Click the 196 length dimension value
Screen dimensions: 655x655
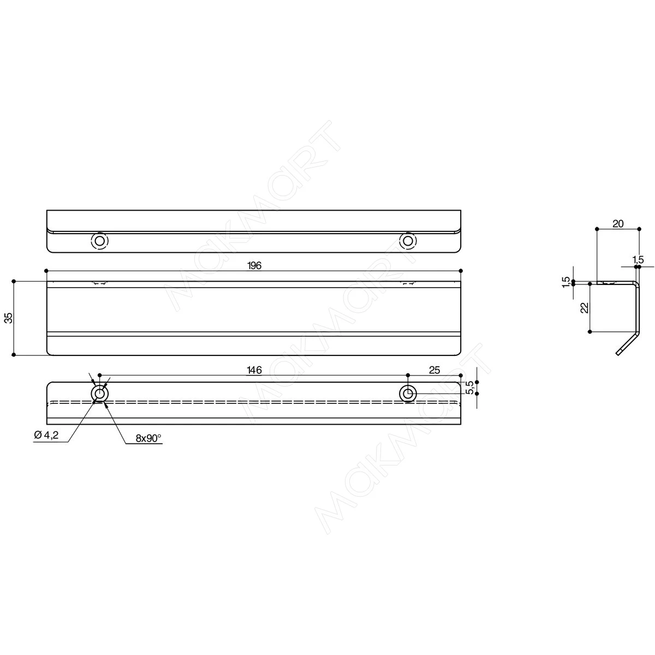pos(254,265)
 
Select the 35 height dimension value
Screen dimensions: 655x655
pos(9,318)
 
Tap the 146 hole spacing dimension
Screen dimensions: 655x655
pos(254,370)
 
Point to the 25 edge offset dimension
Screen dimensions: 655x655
pos(434,370)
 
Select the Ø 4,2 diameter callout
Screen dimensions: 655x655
pos(46,434)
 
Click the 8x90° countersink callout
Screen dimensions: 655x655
pos(148,438)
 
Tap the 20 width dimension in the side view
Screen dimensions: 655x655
pos(618,224)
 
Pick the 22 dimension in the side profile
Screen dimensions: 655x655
pos(585,308)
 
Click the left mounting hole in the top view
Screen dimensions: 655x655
pos(99,241)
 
